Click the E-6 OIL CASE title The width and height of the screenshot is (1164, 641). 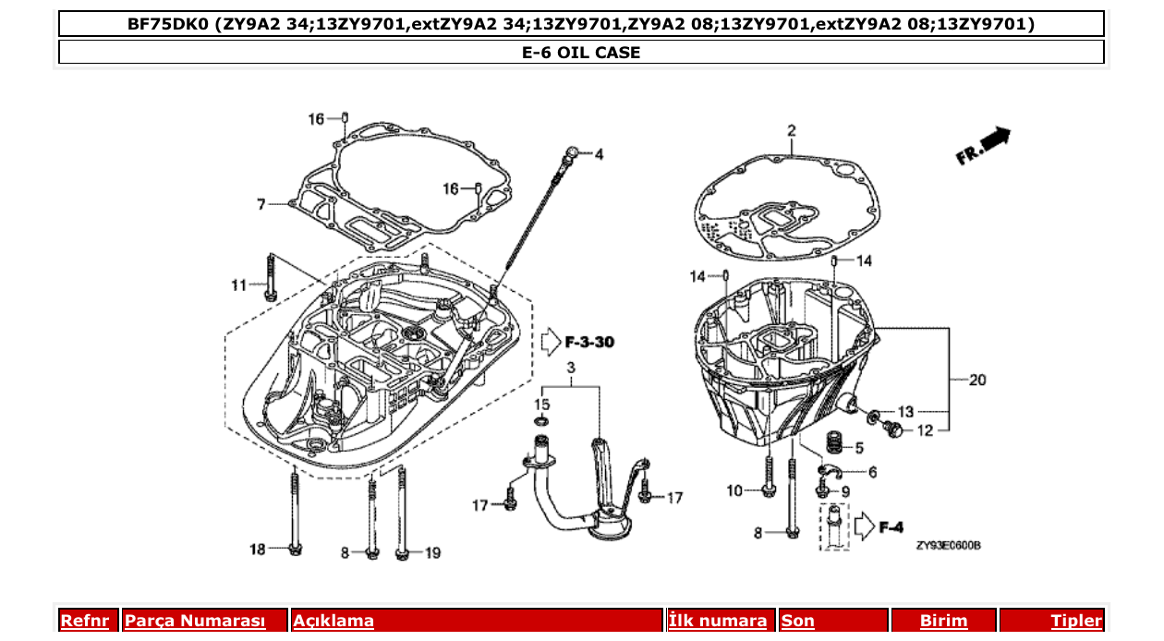tap(581, 53)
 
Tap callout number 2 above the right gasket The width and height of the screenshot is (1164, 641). tap(791, 130)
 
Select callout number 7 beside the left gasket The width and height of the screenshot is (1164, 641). tap(261, 203)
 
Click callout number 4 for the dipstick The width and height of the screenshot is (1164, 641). tap(599, 154)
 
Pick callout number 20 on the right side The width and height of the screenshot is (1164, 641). tap(978, 380)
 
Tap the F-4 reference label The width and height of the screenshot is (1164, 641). tap(891, 527)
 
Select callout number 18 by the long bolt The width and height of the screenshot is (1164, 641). tap(257, 550)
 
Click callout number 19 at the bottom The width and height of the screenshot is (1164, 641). tap(431, 553)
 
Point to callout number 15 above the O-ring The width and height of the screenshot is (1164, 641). tap(542, 404)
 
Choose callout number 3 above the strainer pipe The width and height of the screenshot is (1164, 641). tap(571, 369)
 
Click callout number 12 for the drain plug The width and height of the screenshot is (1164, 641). tap(926, 429)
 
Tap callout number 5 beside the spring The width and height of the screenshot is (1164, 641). tap(858, 448)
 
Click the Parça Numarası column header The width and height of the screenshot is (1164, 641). tap(195, 621)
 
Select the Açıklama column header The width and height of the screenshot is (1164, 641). tap(333, 621)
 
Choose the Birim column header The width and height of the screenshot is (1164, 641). tap(943, 621)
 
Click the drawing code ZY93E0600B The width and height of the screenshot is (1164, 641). tap(948, 545)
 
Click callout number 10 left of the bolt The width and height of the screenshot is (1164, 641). tap(734, 490)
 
